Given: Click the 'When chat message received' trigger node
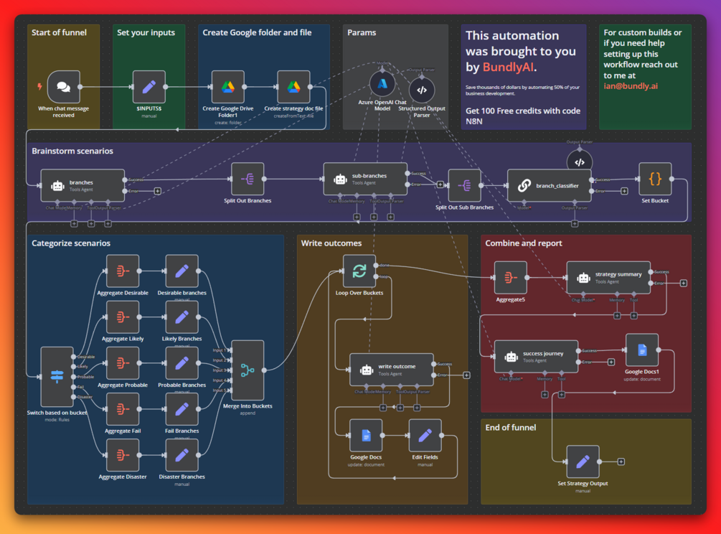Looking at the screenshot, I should (x=63, y=87).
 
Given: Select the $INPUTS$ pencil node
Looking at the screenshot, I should (x=149, y=87).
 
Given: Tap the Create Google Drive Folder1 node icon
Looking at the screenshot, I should (x=227, y=87).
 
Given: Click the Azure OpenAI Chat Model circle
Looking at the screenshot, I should (x=382, y=84).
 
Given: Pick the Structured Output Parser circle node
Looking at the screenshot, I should (x=421, y=90).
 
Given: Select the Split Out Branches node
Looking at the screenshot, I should (x=248, y=179).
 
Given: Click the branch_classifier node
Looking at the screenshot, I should (x=549, y=185).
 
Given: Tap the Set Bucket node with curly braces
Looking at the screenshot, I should (x=654, y=179).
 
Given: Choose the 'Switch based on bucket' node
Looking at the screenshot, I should (x=57, y=376).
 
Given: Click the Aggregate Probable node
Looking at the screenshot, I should (x=123, y=364).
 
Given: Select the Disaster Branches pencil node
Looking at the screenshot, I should (x=182, y=455).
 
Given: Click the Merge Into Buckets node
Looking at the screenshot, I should (x=248, y=370).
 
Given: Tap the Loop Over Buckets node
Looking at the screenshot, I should (x=359, y=271).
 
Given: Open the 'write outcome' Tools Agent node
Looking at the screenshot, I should (x=392, y=370).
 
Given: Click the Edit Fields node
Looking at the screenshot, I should (x=425, y=436).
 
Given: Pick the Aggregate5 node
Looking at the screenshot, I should (x=510, y=278).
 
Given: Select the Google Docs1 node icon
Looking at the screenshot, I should (x=641, y=350).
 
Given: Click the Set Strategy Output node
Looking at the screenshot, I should (x=583, y=462).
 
